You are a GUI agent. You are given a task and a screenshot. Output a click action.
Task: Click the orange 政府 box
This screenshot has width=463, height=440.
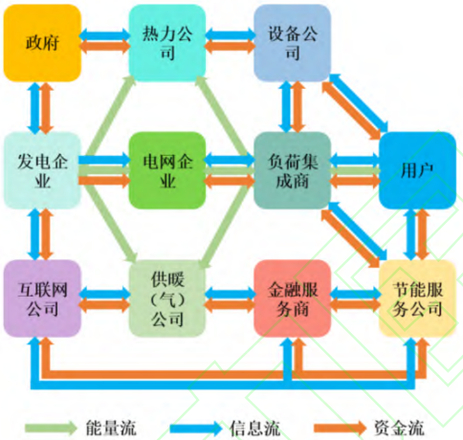42,43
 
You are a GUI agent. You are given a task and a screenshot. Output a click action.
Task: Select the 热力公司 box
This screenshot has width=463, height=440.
167,43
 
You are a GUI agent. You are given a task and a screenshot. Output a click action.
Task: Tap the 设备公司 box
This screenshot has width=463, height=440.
292,43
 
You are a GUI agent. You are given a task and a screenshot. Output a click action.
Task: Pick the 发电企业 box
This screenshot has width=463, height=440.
42,170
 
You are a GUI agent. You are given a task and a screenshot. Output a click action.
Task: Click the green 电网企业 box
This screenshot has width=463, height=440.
167,170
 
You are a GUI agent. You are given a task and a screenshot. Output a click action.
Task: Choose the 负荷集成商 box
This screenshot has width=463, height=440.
292,170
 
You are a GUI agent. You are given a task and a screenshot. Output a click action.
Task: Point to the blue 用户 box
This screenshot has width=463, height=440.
417,170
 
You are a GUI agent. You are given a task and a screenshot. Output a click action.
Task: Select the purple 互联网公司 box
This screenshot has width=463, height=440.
42,298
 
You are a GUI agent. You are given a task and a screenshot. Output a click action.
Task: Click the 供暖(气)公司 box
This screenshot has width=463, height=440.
167,298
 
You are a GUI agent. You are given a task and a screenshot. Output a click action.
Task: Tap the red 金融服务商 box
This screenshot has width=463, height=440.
292,298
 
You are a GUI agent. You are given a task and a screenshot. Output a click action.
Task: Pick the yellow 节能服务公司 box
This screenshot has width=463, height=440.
417,298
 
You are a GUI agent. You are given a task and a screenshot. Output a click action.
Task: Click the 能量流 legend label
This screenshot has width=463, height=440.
111,428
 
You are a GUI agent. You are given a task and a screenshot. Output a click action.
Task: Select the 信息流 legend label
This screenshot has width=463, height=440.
255,428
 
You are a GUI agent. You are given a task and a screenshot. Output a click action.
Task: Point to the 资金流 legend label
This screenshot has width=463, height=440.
399,428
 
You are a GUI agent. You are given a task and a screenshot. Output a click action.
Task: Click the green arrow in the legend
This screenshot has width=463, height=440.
51,428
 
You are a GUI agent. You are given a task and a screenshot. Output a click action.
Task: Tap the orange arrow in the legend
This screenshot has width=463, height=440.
340,428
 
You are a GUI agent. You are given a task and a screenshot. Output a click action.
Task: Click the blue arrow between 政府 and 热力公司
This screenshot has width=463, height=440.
105,34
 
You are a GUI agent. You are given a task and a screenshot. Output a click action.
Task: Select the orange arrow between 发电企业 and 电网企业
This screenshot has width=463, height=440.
104,181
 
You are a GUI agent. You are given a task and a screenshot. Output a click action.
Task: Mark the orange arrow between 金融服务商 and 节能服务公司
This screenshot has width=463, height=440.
355,305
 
